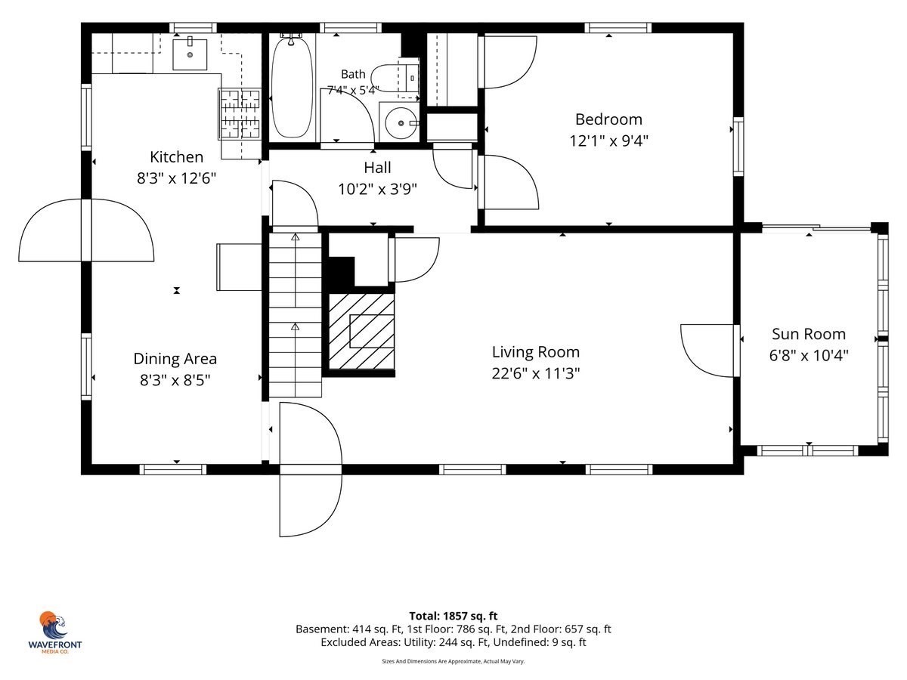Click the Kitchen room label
pos(176,157)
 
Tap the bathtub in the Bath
pos(291,87)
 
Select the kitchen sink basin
pos(190,54)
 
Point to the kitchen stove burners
pos(240,113)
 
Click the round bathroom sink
pos(401,122)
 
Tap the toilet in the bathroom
pos(395,79)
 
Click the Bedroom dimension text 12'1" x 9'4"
pos(608,141)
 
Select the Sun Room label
pos(809,334)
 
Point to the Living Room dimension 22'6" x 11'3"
pos(536,373)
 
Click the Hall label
pos(377,168)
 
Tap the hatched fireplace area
pos(361,331)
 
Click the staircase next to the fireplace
pos(295,315)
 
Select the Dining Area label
pos(175,358)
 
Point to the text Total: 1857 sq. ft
pos(453,616)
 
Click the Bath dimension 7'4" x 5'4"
pos(352,90)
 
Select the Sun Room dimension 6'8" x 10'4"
pos(809,355)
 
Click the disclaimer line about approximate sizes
pos(453,661)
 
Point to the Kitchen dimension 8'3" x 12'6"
pos(176,178)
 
